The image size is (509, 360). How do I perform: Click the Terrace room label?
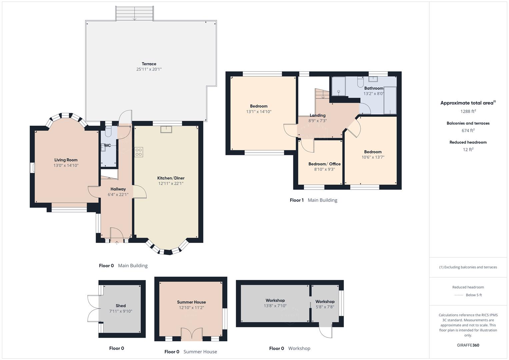[149, 64]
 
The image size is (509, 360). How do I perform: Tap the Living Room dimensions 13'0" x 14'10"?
[66, 165]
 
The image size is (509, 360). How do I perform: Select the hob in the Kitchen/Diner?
[139, 152]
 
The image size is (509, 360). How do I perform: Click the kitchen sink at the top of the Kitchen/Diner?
[166, 129]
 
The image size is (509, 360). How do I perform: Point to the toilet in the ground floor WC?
[108, 132]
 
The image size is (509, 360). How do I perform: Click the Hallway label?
[118, 189]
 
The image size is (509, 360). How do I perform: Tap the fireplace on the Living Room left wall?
[32, 168]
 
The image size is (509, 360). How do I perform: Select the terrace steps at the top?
[134, 13]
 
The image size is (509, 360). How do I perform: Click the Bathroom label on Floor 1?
[374, 88]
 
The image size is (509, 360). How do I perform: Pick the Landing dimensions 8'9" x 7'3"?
[317, 121]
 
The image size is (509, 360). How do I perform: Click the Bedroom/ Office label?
[324, 164]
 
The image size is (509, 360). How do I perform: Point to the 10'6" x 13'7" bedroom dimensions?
[373, 157]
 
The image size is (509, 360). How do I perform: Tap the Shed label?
[121, 306]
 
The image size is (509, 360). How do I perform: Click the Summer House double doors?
[192, 334]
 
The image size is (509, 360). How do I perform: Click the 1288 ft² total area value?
[468, 111]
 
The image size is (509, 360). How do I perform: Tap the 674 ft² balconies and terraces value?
[468, 131]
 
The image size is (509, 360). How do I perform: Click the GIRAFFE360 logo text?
[468, 345]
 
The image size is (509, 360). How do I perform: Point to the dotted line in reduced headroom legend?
[459, 295]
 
